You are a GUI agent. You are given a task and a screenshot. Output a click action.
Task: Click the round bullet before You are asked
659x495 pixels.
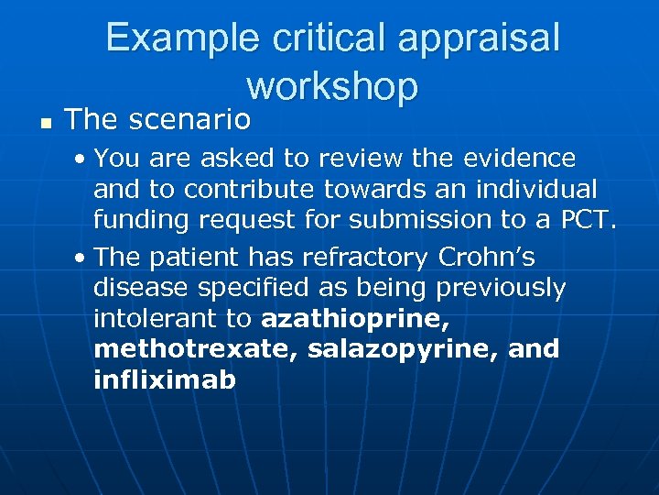(82, 159)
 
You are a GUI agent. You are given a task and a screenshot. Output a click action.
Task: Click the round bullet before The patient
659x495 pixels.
(82, 258)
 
